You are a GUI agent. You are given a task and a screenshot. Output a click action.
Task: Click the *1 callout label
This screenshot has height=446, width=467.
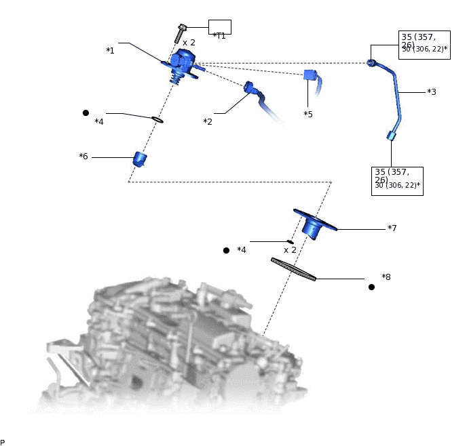pyautogui.click(x=110, y=51)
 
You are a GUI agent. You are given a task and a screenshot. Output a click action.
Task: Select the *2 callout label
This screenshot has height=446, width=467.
pyautogui.click(x=208, y=121)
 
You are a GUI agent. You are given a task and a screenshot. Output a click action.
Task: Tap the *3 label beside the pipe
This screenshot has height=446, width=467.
pyautogui.click(x=431, y=92)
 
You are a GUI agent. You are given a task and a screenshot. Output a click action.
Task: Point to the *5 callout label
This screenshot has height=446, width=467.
pyautogui.click(x=308, y=114)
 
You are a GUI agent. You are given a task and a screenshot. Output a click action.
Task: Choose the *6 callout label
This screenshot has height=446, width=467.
pyautogui.click(x=83, y=157)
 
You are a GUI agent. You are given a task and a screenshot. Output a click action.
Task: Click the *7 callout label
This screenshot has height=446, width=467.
pyautogui.click(x=392, y=228)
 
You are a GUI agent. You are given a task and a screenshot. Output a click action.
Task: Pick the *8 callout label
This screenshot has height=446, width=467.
pyautogui.click(x=386, y=277)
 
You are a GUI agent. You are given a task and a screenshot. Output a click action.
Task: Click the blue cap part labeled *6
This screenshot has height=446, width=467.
pyautogui.click(x=141, y=159)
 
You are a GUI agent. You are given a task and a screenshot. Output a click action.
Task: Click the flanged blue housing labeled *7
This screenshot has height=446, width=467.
pyautogui.click(x=314, y=223)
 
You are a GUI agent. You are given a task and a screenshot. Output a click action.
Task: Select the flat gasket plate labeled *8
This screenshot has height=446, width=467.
pyautogui.click(x=293, y=268)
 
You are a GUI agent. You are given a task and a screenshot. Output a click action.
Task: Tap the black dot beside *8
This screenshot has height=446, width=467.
pyautogui.click(x=371, y=287)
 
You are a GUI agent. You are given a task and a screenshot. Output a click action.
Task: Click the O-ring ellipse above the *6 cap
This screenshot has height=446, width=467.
pyautogui.click(x=157, y=120)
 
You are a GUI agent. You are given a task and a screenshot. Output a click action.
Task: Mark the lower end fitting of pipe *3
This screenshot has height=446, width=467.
pyautogui.click(x=391, y=136)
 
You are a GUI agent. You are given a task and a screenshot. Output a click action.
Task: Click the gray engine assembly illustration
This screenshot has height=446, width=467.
pyautogui.click(x=170, y=346)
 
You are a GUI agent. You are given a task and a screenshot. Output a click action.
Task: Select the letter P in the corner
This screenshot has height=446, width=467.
pyautogui.click(x=3, y=442)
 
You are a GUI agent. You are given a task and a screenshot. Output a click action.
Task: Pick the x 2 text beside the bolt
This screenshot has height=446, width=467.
pyautogui.click(x=189, y=42)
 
